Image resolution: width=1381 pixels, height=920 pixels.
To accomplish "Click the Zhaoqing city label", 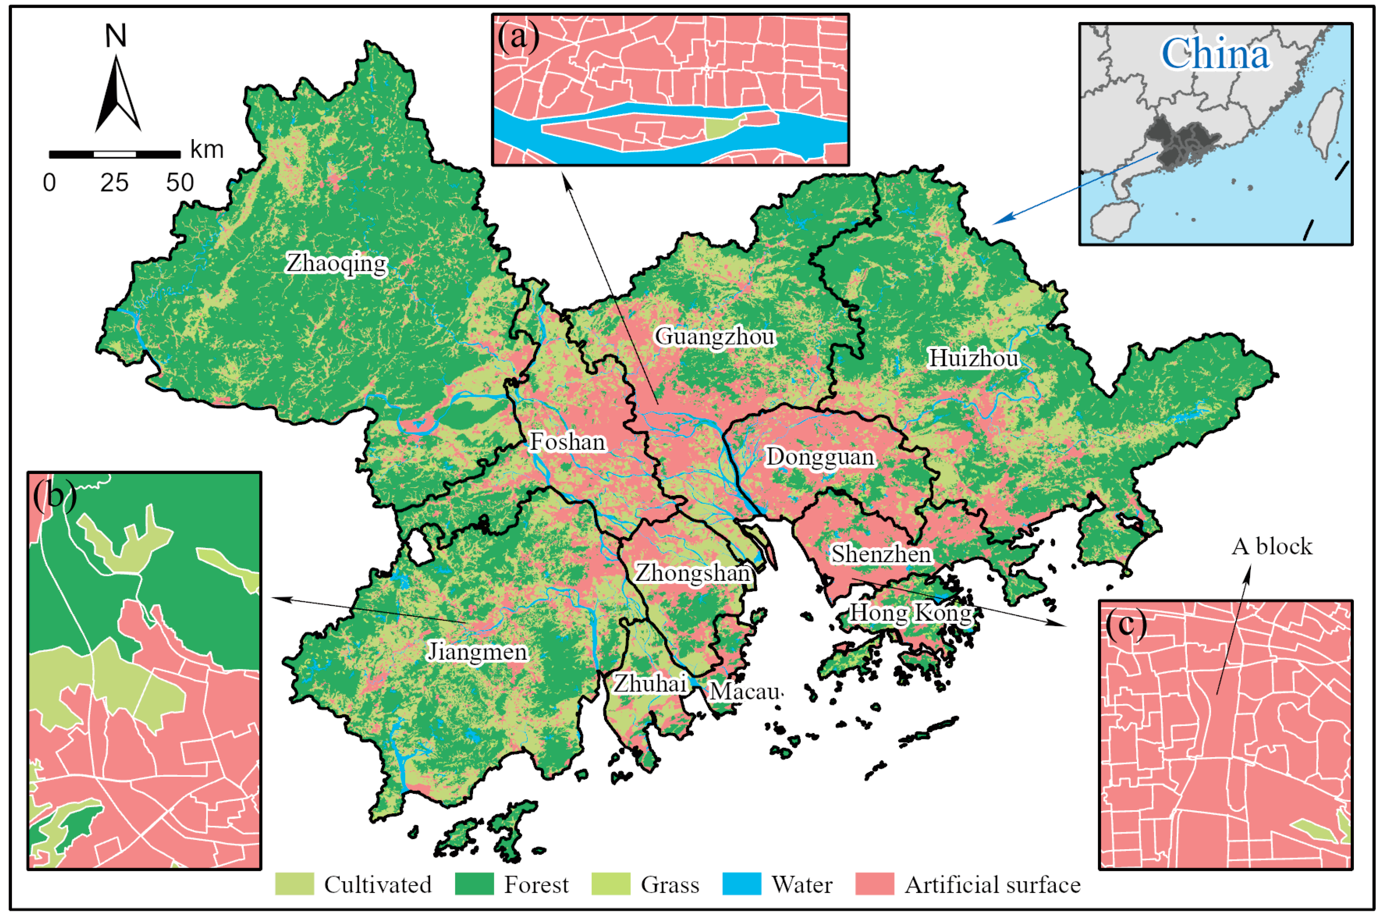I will point(336,263).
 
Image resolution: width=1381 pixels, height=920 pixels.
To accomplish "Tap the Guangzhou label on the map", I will point(715,337).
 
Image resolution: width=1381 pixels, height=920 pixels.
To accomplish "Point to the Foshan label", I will point(567,442).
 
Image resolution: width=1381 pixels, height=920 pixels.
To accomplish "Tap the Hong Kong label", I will point(910,613).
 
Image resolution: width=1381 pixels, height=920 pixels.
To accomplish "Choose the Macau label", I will point(744,692).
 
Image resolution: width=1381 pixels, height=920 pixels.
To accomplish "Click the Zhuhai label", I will point(649,683).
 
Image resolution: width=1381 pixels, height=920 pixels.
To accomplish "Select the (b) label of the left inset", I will point(54,495).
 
